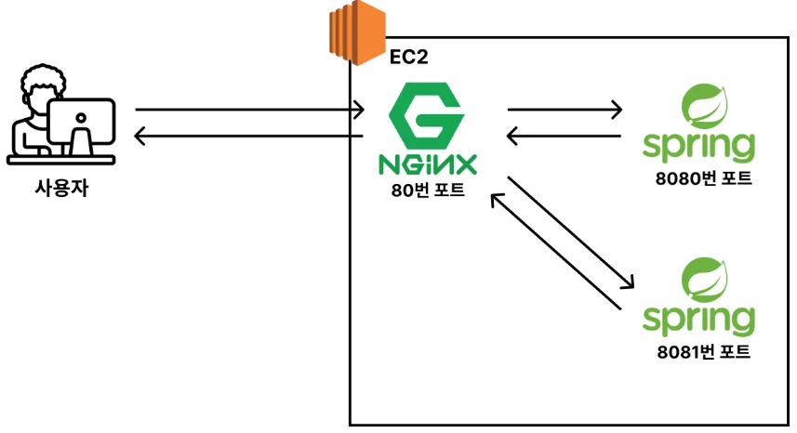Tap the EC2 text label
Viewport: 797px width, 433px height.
coord(409,58)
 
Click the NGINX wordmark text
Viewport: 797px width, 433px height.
coord(429,164)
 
